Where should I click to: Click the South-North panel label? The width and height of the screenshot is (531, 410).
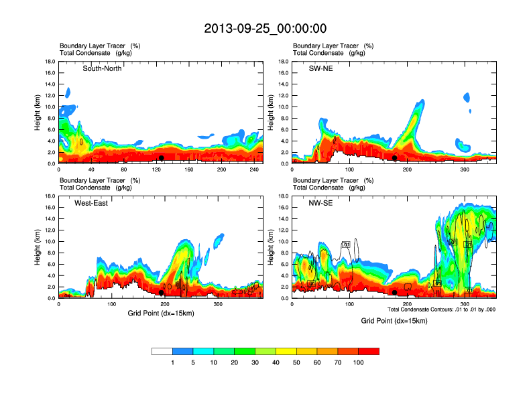tap(102, 68)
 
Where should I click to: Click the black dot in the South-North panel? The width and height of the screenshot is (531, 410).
tap(162, 158)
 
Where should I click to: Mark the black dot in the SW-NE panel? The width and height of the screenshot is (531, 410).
tap(395, 158)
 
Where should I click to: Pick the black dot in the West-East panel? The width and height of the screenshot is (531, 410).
tap(162, 293)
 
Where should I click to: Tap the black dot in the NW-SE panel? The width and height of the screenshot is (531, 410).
tap(395, 293)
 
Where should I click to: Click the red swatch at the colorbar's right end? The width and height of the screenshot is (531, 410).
tap(369, 351)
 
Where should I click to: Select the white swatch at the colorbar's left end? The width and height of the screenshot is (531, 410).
tap(162, 351)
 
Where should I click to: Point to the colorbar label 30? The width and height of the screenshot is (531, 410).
tap(255, 362)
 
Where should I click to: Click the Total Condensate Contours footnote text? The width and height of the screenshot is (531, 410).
tap(442, 310)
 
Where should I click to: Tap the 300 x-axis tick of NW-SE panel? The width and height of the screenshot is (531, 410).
tap(465, 304)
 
